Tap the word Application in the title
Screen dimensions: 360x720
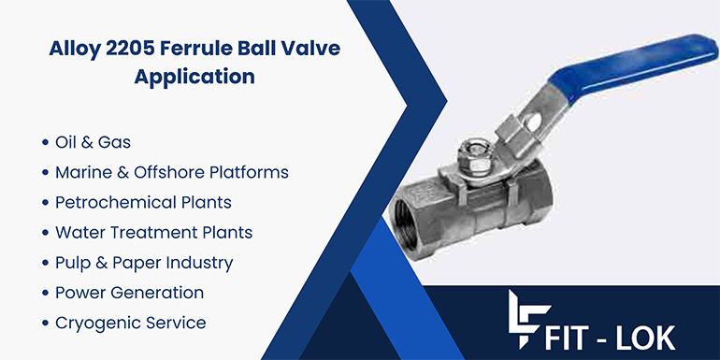coord(194,78)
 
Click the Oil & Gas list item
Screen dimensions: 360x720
coord(93,143)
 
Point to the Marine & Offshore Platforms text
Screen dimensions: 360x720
coord(171,173)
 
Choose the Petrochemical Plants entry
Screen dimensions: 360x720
coord(143,203)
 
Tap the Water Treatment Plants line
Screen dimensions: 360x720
coord(153,233)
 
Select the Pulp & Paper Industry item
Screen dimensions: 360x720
coord(144,263)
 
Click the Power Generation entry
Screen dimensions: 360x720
coord(129,293)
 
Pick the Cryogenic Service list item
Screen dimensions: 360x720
coord(130,323)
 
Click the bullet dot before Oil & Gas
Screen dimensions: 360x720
coord(45,144)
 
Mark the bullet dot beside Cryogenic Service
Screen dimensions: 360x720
coord(45,324)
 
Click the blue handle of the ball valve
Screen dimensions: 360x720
coord(636,65)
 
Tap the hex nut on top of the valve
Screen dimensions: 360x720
coord(473,151)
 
